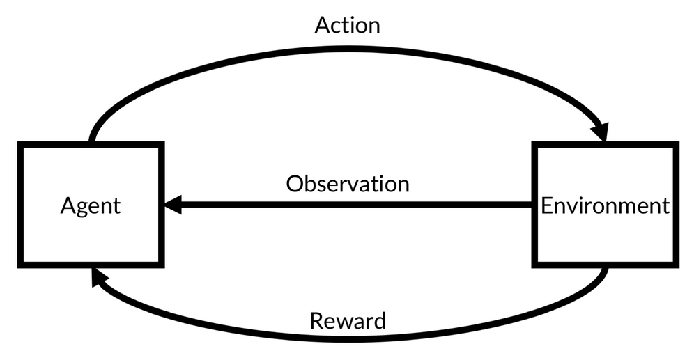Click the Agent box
click(x=91, y=205)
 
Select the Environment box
click(x=605, y=205)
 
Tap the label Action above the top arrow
click(x=347, y=25)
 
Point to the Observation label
click(x=347, y=184)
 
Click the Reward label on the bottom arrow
click(x=347, y=321)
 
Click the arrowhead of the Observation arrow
click(x=173, y=205)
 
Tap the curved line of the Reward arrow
click(x=347, y=338)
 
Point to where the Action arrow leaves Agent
click(x=93, y=139)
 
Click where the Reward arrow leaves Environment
click(x=603, y=272)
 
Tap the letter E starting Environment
click(x=547, y=205)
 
